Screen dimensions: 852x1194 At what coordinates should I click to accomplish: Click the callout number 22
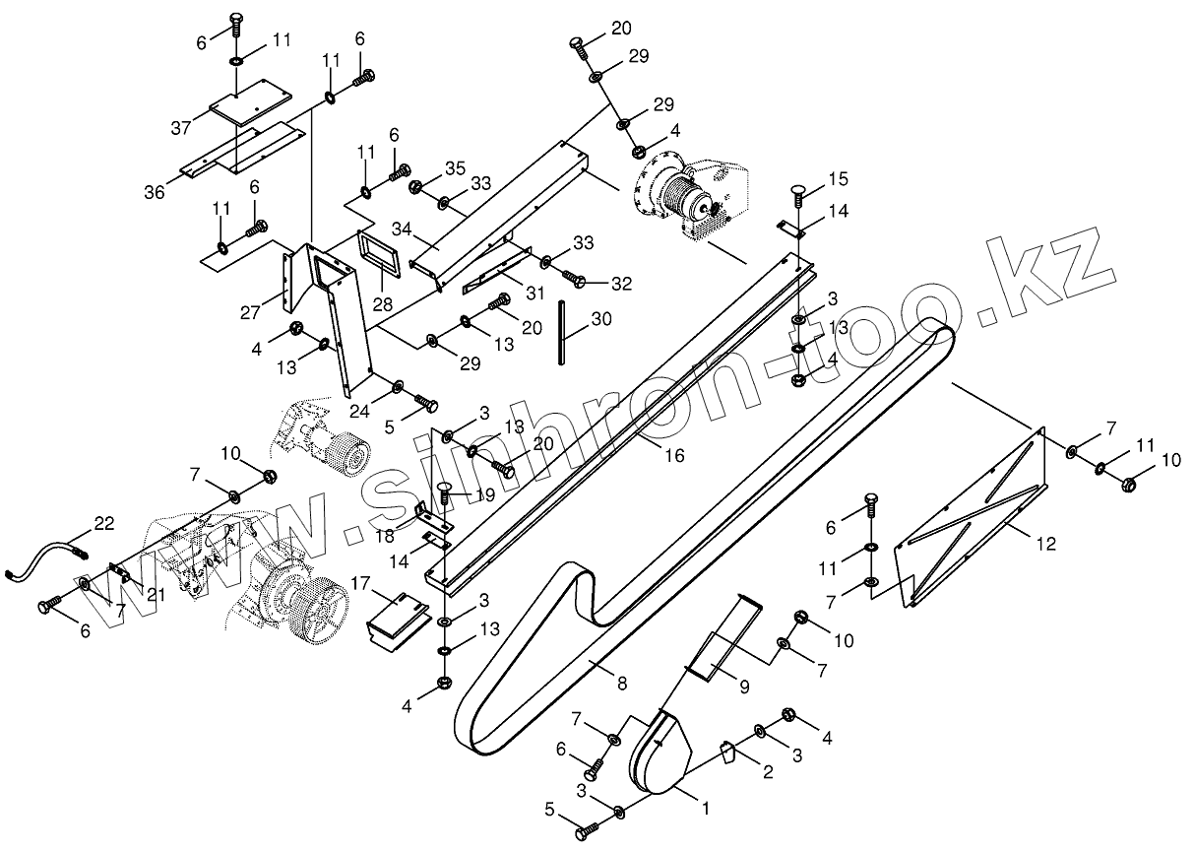coord(103,522)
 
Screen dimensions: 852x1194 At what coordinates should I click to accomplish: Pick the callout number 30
coord(600,319)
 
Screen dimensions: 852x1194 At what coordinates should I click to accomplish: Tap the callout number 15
coord(837,179)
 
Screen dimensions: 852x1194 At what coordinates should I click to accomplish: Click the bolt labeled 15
coord(797,195)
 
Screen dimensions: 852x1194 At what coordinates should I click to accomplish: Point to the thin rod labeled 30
coord(565,334)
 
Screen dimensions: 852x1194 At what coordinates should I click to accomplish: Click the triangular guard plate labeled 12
coord(974,522)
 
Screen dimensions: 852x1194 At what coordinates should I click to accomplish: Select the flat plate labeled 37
coord(251,100)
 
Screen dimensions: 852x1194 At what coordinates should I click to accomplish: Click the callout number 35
coord(454,168)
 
